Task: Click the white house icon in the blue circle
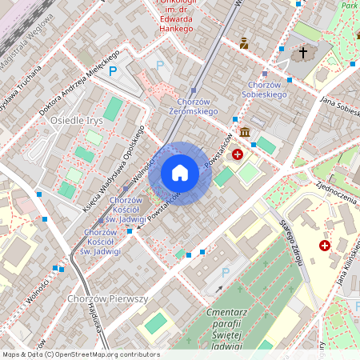coord(180,173)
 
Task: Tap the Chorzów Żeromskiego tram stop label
coord(190,106)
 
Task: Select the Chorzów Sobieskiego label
coord(267,90)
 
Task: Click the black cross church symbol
coord(302,53)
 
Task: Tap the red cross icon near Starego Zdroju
coord(324,246)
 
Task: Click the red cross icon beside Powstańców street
coord(237,154)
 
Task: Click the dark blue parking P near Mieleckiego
coord(113,71)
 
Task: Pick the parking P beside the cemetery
coord(225,273)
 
